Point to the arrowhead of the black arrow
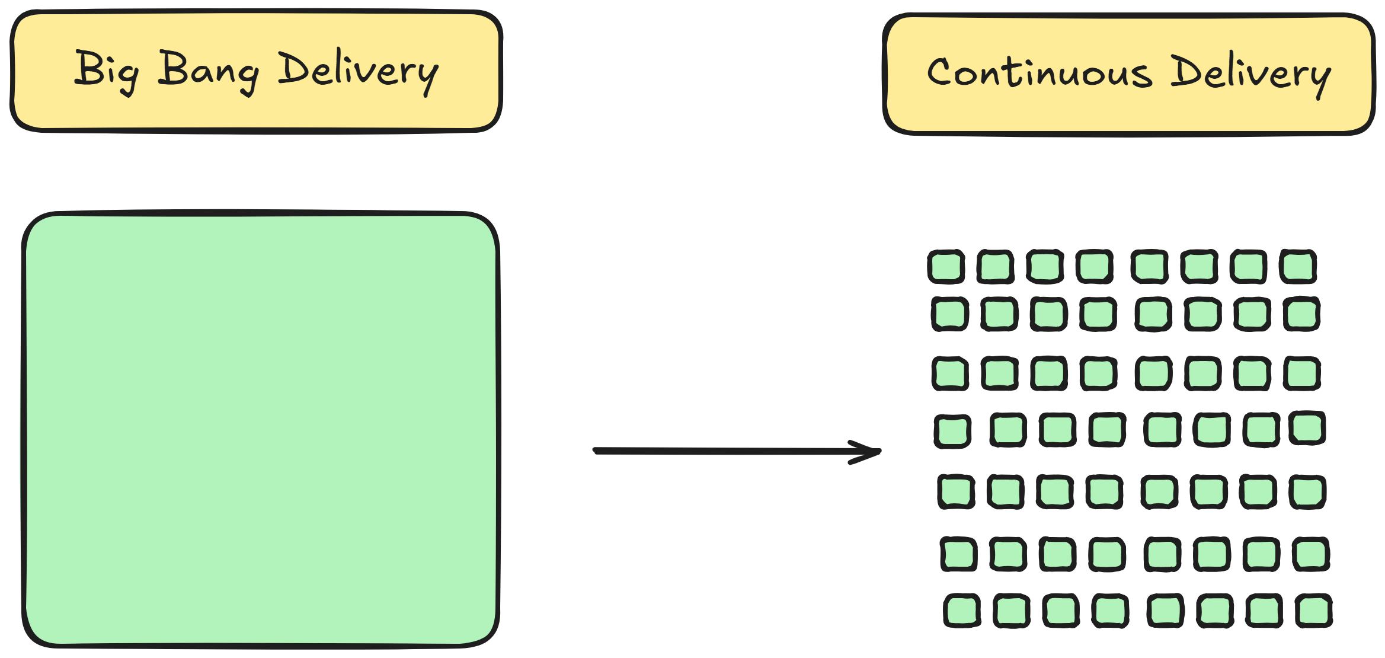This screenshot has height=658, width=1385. [x=877, y=452]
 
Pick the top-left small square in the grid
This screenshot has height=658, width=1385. [x=946, y=267]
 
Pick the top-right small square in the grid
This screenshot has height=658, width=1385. [x=1298, y=267]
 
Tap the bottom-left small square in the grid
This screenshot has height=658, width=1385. [x=961, y=611]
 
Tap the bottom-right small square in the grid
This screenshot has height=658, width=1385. [x=1314, y=611]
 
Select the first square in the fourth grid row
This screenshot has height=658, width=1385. [x=952, y=432]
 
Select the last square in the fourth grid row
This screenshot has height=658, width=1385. [x=1307, y=428]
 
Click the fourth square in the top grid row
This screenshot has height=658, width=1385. [x=1094, y=267]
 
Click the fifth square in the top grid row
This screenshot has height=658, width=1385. [x=1150, y=267]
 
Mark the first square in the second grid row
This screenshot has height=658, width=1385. [x=949, y=314]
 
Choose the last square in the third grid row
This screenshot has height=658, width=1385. [x=1302, y=373]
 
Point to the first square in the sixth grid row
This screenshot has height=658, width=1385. [x=958, y=554]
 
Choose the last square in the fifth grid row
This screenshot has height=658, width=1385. [x=1307, y=491]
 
